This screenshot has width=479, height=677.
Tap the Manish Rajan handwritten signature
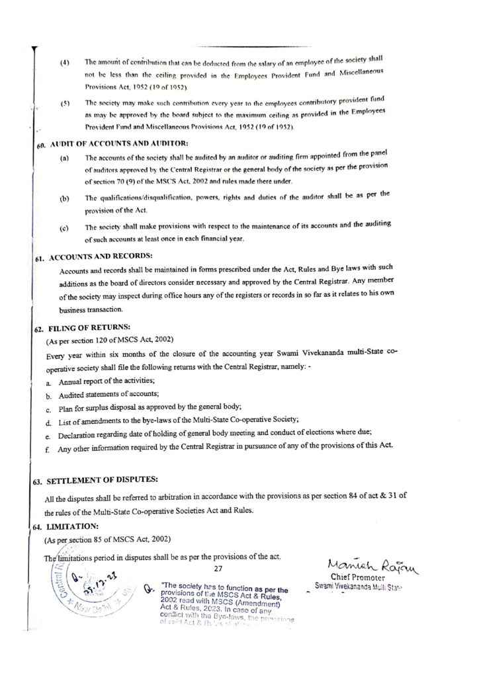[369, 563]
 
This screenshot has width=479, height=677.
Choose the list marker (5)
[65, 104]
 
